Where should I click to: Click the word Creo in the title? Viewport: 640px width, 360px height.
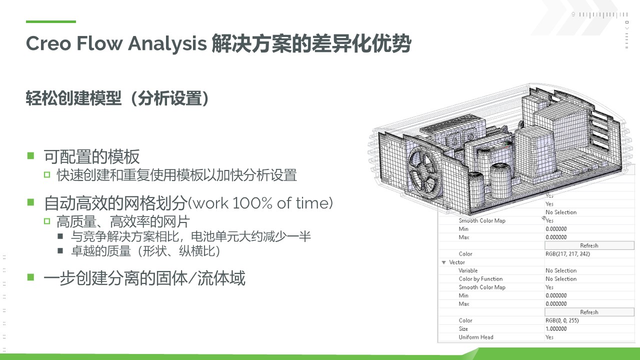pyautogui.click(x=48, y=43)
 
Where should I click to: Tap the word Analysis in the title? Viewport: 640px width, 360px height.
pyautogui.click(x=167, y=44)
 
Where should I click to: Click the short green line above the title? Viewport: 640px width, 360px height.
pyautogui.click(x=51, y=21)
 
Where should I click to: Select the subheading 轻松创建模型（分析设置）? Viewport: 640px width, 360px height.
pyautogui.click(x=117, y=98)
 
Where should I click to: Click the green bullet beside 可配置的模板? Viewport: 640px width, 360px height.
pyautogui.click(x=30, y=155)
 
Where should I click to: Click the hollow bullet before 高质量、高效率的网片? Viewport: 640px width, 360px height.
pyautogui.click(x=47, y=221)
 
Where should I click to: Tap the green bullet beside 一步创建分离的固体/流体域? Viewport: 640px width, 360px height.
pyautogui.click(x=30, y=277)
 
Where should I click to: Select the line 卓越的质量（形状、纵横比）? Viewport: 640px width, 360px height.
pyautogui.click(x=145, y=251)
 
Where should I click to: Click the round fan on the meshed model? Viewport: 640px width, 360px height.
pyautogui.click(x=425, y=172)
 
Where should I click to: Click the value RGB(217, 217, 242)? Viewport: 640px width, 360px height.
pyautogui.click(x=567, y=253)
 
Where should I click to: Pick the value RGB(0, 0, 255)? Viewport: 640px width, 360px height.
pyautogui.click(x=562, y=320)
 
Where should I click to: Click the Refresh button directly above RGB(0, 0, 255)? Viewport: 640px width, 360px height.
pyautogui.click(x=589, y=312)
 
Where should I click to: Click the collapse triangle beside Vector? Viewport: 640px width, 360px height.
pyautogui.click(x=443, y=262)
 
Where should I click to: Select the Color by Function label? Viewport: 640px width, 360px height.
pyautogui.click(x=480, y=279)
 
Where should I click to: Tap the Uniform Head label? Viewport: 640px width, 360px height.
pyautogui.click(x=475, y=337)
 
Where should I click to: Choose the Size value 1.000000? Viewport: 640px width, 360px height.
pyautogui.click(x=556, y=328)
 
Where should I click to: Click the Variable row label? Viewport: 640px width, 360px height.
pyautogui.click(x=468, y=270)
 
